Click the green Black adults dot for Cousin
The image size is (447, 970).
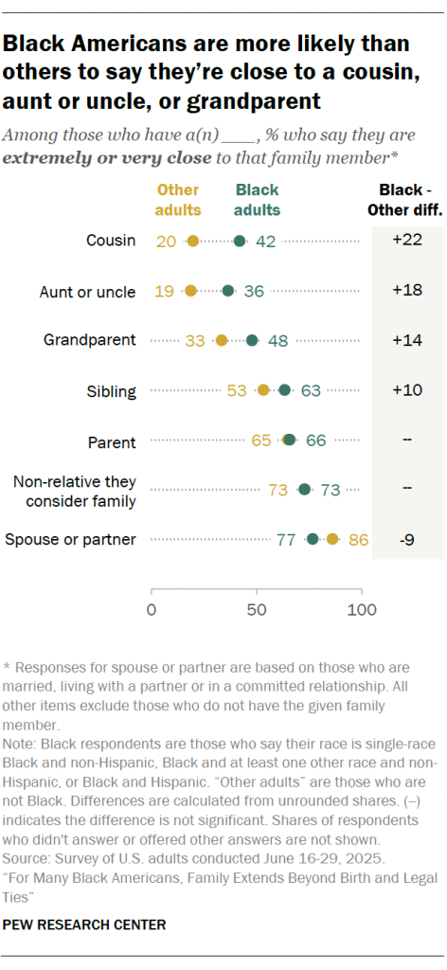click(240, 242)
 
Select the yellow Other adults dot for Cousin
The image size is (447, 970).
click(193, 242)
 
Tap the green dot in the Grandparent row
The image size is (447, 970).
click(252, 340)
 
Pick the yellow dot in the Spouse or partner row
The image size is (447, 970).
click(332, 539)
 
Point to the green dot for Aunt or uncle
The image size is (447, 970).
click(227, 291)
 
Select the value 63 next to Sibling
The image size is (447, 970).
click(311, 390)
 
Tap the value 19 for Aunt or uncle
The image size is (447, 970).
click(164, 291)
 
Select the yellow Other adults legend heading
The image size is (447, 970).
click(178, 200)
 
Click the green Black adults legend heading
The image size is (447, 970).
click(258, 200)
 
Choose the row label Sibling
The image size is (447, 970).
click(112, 390)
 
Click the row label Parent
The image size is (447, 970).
click(114, 440)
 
